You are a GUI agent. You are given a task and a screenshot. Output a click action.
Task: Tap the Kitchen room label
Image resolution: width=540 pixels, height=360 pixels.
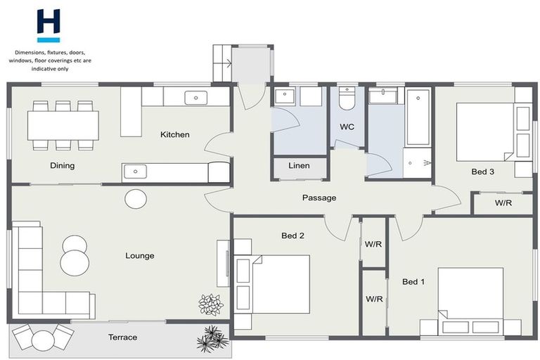174,134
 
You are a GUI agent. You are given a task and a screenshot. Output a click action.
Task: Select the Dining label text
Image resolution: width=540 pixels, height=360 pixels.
63,166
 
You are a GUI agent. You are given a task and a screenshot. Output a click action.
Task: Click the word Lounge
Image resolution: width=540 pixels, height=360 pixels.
140,256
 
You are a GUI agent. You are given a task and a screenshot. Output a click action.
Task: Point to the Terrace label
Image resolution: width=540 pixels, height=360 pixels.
122,337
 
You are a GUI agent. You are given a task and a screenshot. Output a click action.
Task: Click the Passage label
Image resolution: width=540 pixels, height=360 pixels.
319,198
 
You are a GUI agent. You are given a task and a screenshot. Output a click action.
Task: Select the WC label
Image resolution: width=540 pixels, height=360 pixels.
347,127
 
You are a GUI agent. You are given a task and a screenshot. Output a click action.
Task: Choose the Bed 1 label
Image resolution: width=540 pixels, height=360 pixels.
413,282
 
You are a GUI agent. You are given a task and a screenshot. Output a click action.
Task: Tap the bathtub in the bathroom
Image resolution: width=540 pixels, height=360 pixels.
418,116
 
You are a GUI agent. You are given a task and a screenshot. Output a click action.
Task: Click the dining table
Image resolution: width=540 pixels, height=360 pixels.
63,126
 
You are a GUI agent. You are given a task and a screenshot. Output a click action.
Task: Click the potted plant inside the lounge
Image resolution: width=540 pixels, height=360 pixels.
210,304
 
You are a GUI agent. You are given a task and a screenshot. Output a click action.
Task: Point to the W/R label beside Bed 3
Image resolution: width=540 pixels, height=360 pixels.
503,204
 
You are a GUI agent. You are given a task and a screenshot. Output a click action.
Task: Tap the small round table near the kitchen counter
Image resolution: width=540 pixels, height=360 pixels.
136,199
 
